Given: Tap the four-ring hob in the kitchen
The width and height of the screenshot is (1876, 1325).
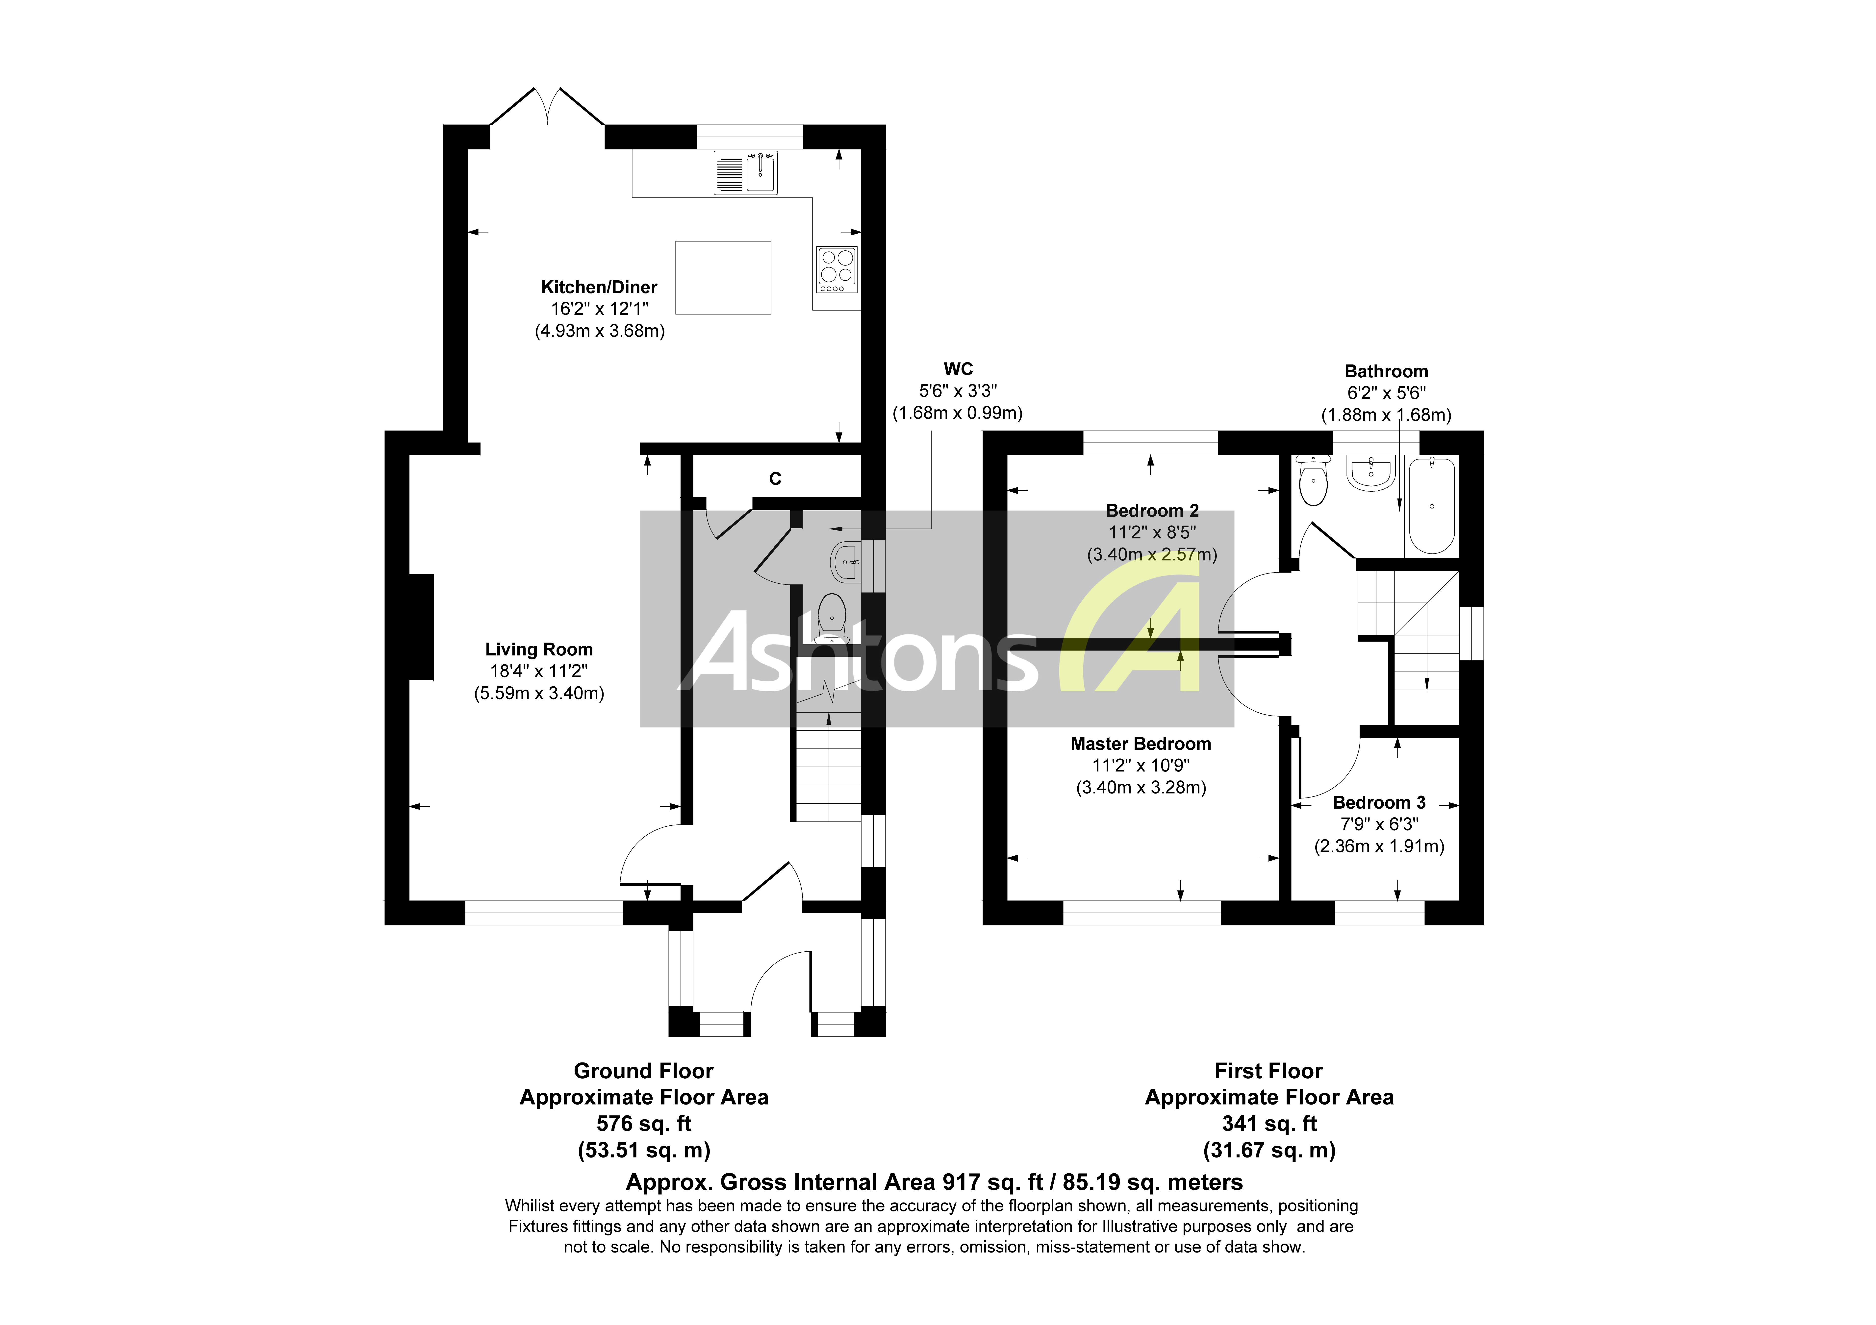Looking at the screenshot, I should pyautogui.click(x=837, y=269).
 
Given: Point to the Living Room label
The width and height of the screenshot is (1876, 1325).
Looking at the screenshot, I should pyautogui.click(x=538, y=650).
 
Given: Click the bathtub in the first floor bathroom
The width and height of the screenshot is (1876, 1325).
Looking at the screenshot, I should pyautogui.click(x=1432, y=506).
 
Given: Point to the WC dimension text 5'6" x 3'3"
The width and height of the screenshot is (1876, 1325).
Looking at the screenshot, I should pyautogui.click(x=958, y=391).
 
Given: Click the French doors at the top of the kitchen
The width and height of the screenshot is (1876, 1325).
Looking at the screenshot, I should pyautogui.click(x=547, y=110).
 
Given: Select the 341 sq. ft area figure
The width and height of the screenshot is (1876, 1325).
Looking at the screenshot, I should pyautogui.click(x=1269, y=1124).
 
